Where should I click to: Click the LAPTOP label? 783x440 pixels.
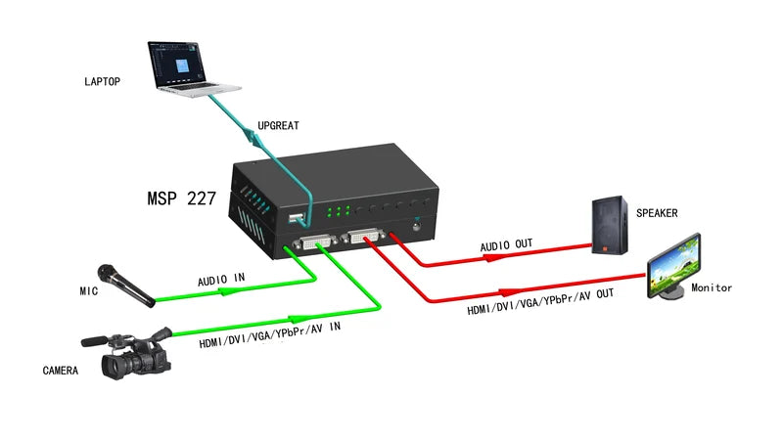103,82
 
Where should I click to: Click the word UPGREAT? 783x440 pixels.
278,126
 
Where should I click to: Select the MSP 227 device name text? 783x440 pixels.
175,197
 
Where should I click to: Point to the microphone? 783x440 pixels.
123,283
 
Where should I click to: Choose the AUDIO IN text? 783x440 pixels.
221,280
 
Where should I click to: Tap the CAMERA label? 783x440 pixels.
61,371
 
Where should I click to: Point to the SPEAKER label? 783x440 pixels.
657,213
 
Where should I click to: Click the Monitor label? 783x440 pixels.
712,288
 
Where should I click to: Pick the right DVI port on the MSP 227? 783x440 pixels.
365,236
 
